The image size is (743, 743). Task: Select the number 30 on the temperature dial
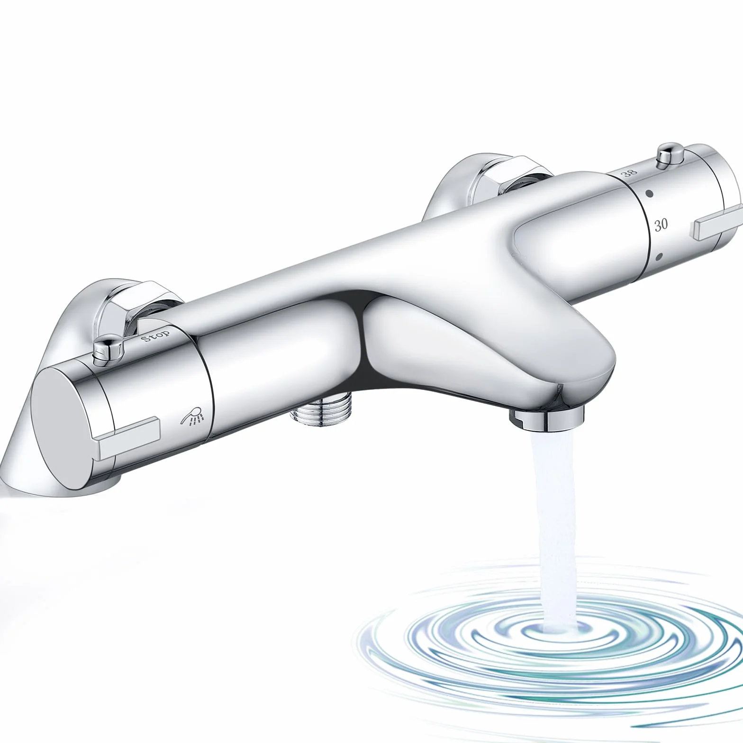661,225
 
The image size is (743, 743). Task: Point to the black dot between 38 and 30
649,194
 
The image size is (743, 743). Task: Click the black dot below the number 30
659,257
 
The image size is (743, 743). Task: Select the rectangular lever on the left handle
128,437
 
